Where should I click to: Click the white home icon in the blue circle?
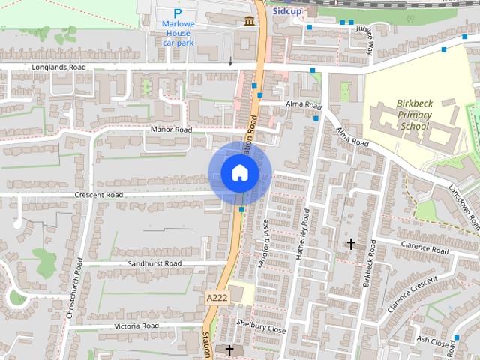(239, 173)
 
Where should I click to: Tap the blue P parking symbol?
(178, 13)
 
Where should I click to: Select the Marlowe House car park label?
(178, 33)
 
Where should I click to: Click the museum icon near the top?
(247, 21)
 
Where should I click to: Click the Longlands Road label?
(59, 67)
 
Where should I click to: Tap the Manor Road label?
(171, 130)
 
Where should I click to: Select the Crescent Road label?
(98, 195)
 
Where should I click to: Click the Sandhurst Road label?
(154, 264)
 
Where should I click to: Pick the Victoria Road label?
(136, 326)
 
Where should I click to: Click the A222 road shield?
(216, 298)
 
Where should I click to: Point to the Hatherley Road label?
(305, 232)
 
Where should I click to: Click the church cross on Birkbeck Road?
(350, 244)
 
